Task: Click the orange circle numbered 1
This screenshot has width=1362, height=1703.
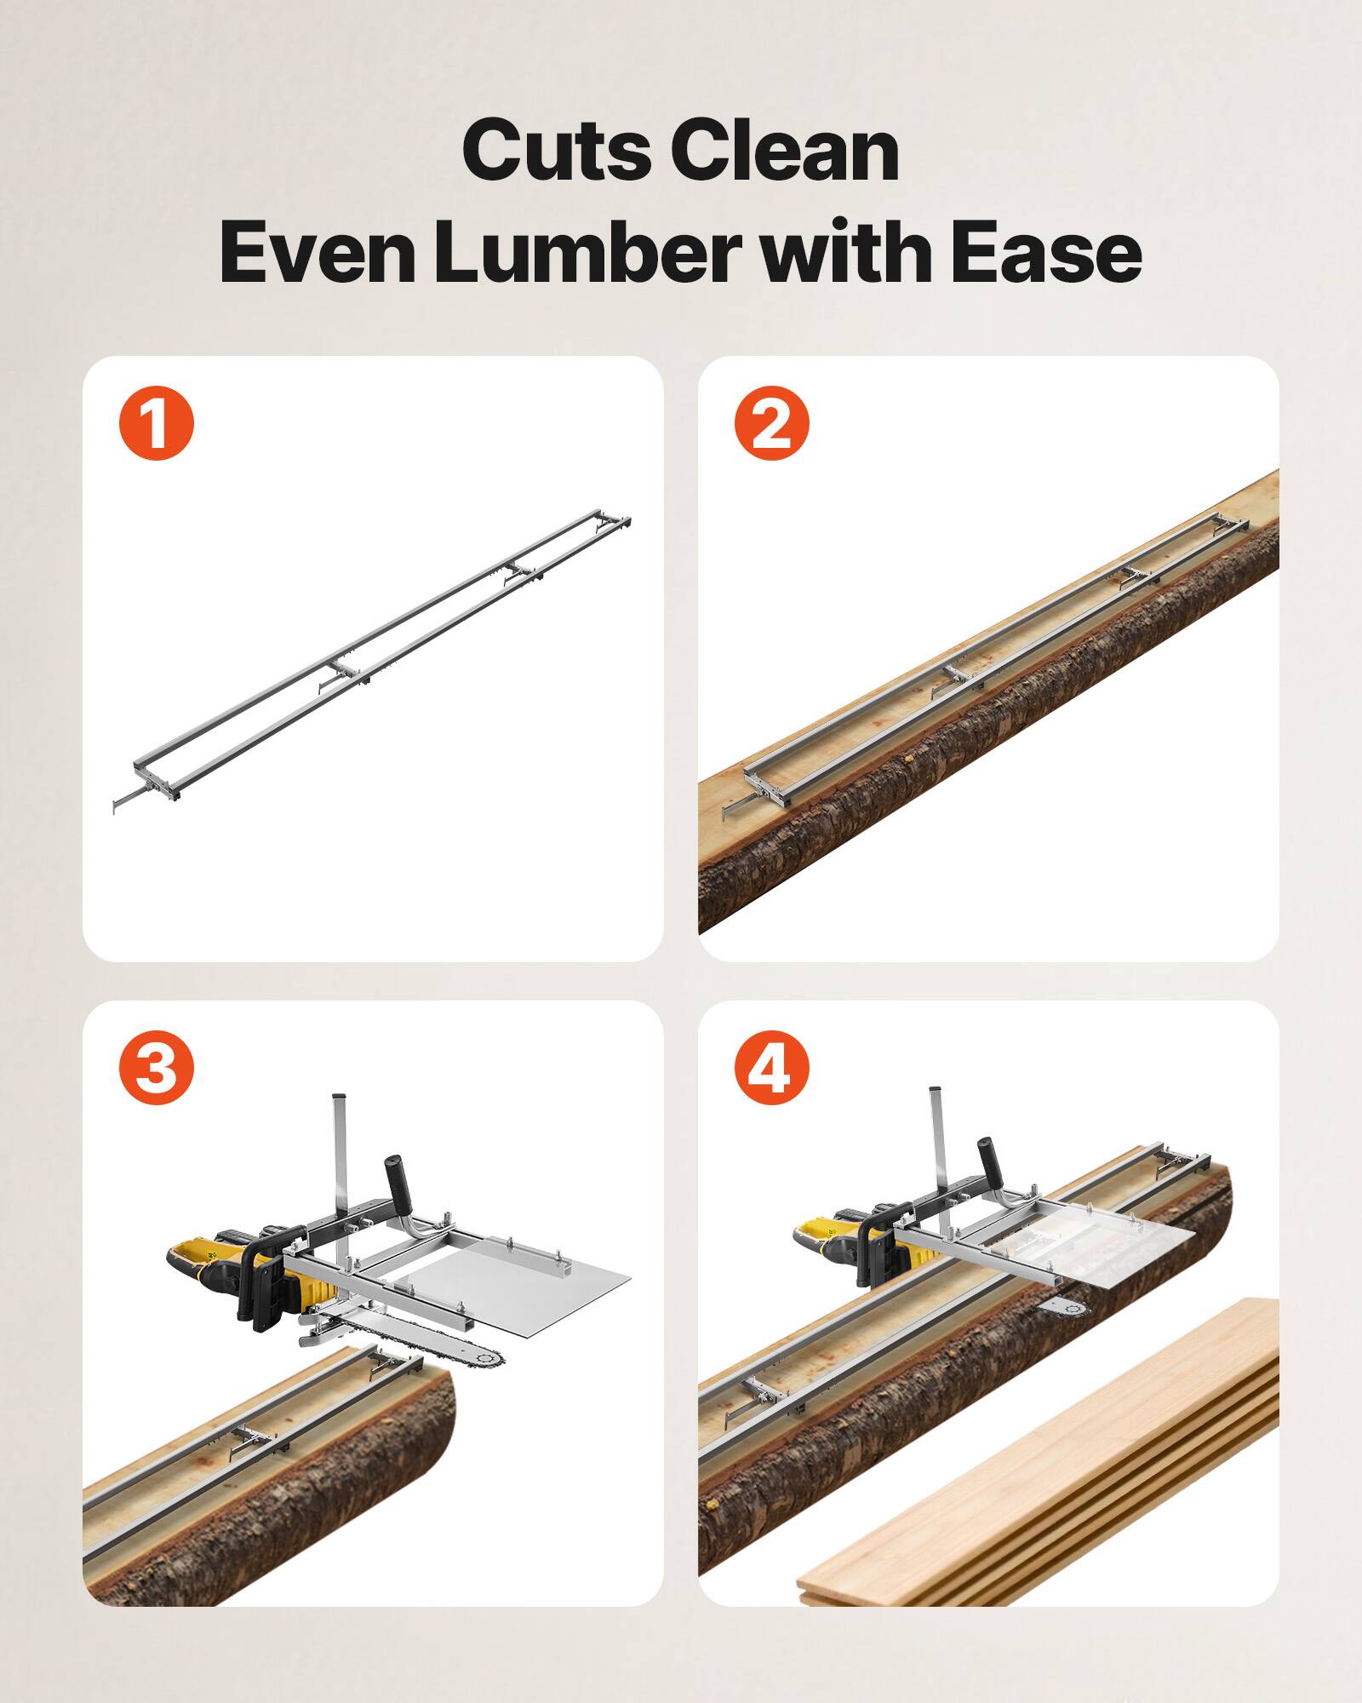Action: coord(157,423)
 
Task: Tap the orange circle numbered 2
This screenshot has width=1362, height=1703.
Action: coord(771,423)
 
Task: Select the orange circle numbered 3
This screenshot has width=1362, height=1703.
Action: coord(157,1067)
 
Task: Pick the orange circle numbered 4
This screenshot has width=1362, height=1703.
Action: coord(771,1067)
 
